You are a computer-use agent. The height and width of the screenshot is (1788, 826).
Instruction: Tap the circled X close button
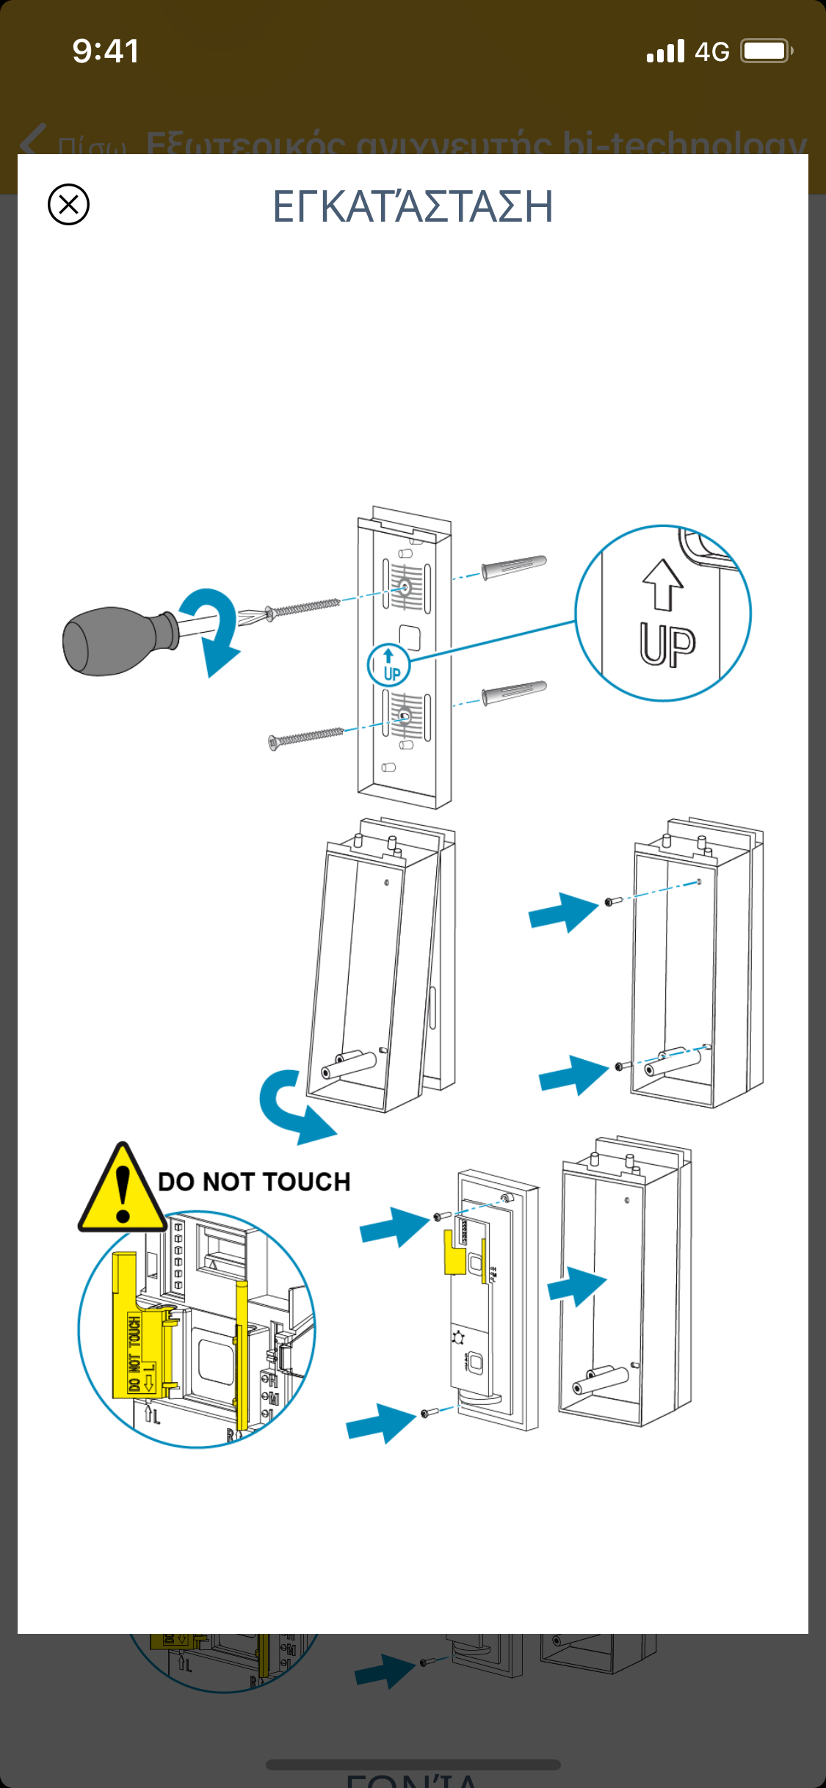pyautogui.click(x=68, y=204)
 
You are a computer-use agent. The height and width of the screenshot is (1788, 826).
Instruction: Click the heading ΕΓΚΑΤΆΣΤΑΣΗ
pyautogui.click(x=413, y=206)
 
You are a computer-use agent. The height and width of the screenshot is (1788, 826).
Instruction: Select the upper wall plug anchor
pyautogui.click(x=514, y=567)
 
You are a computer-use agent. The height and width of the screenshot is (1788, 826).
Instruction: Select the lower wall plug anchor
pyautogui.click(x=514, y=692)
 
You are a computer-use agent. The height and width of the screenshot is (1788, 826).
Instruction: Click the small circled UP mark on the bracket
pyautogui.click(x=388, y=665)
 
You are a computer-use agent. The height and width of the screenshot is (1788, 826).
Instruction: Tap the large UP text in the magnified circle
pyautogui.click(x=667, y=645)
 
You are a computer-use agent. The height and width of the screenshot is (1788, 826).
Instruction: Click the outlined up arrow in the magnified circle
pyautogui.click(x=663, y=584)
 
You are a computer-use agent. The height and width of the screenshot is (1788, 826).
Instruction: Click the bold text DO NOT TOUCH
pyautogui.click(x=254, y=1182)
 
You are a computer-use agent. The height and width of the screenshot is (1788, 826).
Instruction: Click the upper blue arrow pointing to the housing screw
pyautogui.click(x=562, y=911)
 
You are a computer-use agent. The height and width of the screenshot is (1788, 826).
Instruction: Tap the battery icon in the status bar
pyautogui.click(x=766, y=51)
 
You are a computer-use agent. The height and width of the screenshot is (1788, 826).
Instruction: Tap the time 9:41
pyautogui.click(x=106, y=51)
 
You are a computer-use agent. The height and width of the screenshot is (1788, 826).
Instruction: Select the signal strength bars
pyautogui.click(x=665, y=51)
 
